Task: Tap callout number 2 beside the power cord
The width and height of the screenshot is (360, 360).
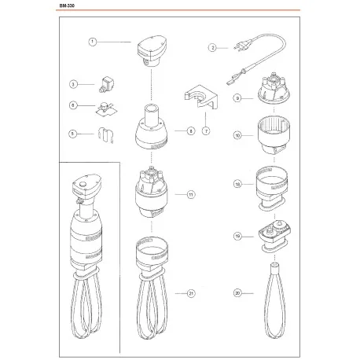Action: tap(211, 47)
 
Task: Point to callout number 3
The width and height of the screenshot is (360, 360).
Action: tap(72, 83)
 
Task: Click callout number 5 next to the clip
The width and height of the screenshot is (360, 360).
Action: tap(72, 134)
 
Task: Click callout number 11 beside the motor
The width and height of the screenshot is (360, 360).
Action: tap(190, 193)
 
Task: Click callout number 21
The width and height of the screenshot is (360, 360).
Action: tap(190, 293)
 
